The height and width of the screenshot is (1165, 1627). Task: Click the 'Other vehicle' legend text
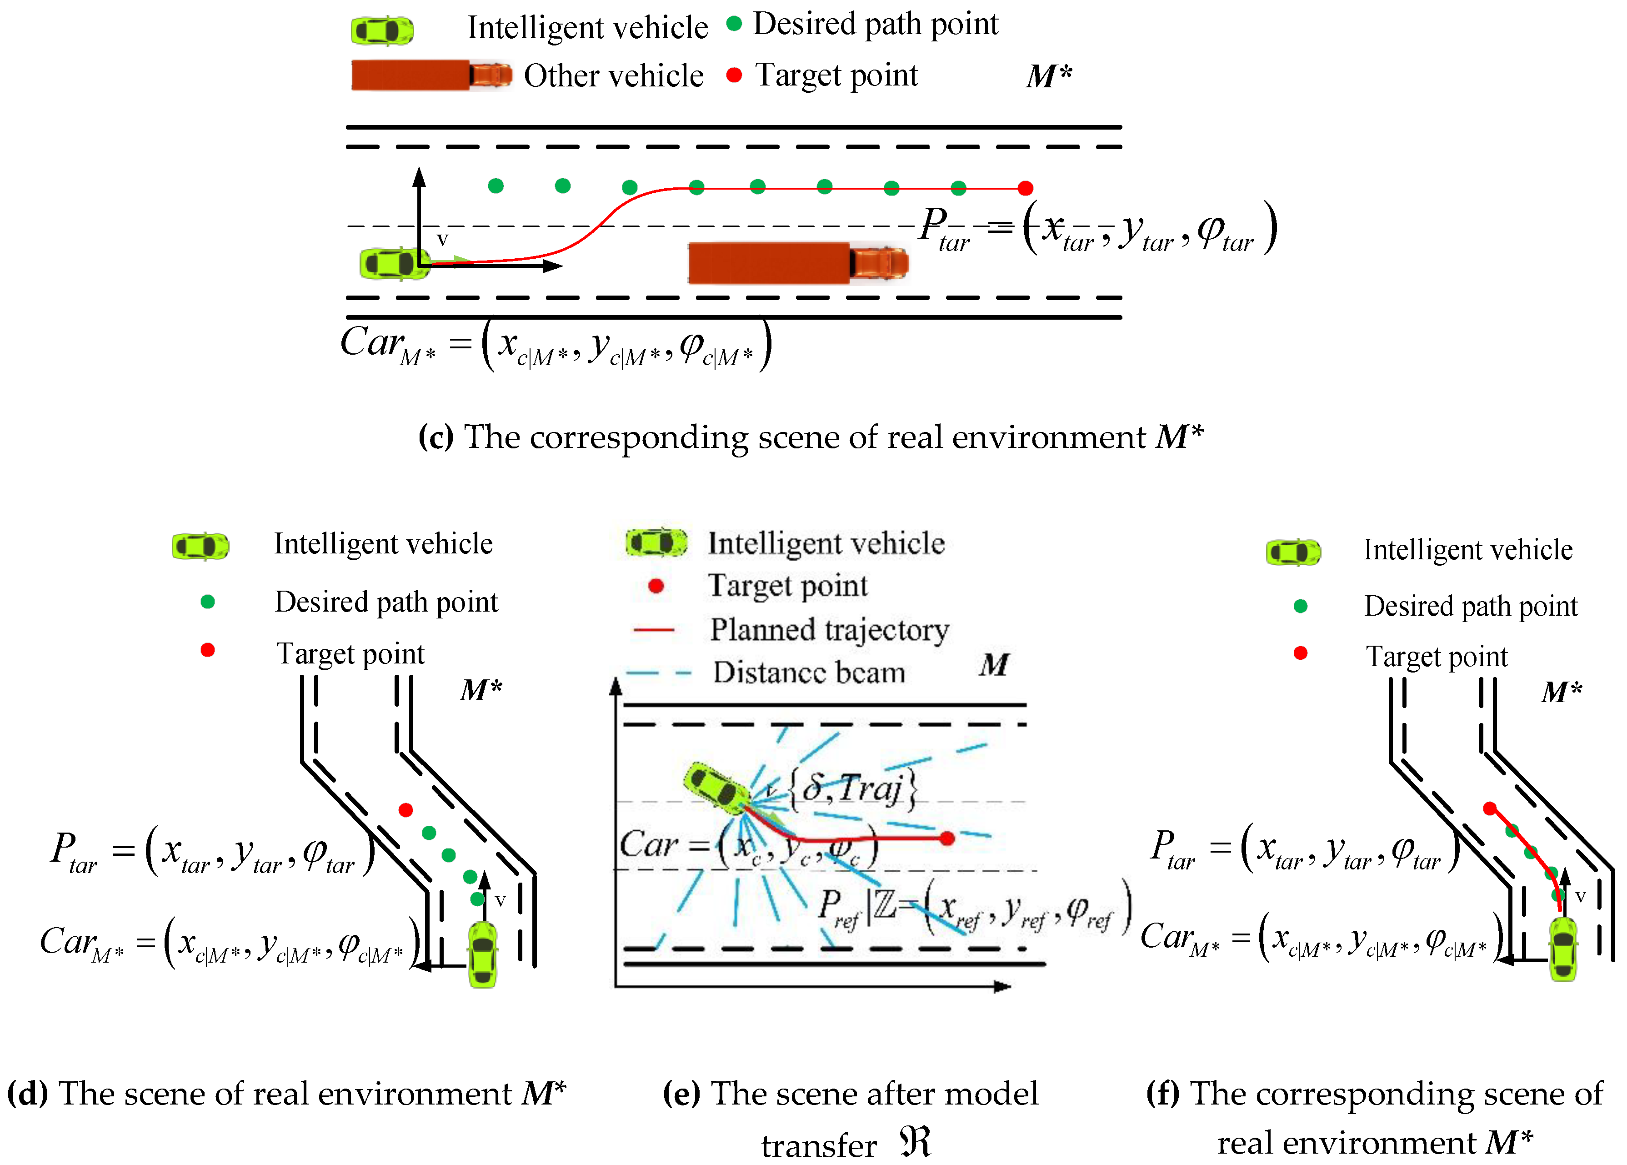pos(613,75)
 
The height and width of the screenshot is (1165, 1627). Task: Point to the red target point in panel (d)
pos(405,810)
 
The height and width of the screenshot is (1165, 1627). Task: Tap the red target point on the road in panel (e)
pos(946,838)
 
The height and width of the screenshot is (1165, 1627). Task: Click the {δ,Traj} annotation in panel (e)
pos(852,789)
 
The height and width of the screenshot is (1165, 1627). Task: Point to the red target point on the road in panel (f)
pos(1489,808)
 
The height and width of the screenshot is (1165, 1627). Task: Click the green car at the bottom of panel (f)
pos(1563,949)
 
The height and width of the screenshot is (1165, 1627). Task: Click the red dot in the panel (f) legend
pos(1300,653)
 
